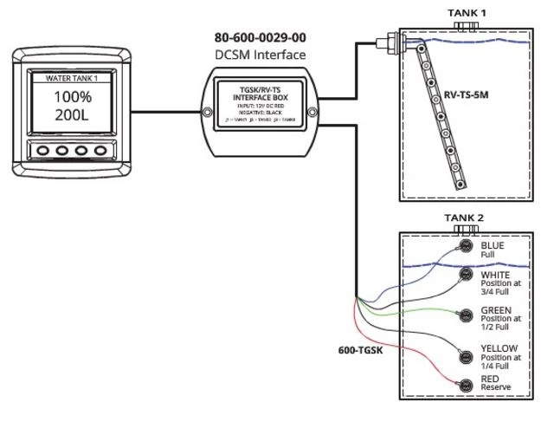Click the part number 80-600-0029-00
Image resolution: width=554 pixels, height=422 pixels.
260,38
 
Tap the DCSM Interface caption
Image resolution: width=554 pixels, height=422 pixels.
260,55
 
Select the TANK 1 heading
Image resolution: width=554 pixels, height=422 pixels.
467,13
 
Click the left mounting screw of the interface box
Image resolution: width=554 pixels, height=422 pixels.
207,112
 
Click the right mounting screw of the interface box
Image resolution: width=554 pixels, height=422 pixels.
313,112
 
